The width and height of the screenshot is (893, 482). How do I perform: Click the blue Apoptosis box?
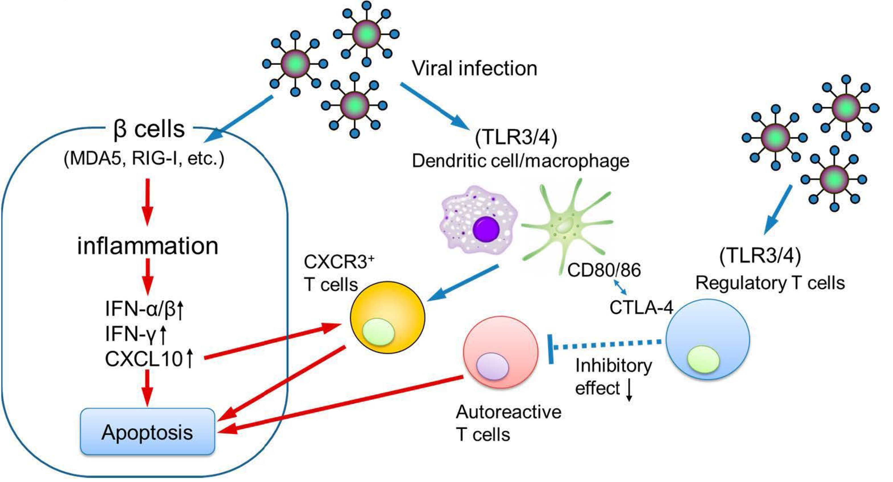pyautogui.click(x=148, y=431)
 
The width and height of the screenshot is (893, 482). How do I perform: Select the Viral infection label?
pyautogui.click(x=475, y=68)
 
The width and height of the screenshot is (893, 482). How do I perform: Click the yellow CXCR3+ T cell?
pyautogui.click(x=387, y=317)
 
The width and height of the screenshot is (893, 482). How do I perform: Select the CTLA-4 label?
pyautogui.click(x=641, y=308)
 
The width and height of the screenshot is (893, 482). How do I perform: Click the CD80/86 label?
pyautogui.click(x=604, y=270)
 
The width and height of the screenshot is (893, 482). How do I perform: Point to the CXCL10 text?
pyautogui.click(x=144, y=359)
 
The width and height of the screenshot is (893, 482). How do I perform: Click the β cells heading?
pyautogui.click(x=149, y=129)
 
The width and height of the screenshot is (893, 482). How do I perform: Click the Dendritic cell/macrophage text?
pyautogui.click(x=520, y=161)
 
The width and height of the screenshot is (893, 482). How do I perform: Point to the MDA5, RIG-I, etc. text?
pyautogui.click(x=144, y=159)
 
